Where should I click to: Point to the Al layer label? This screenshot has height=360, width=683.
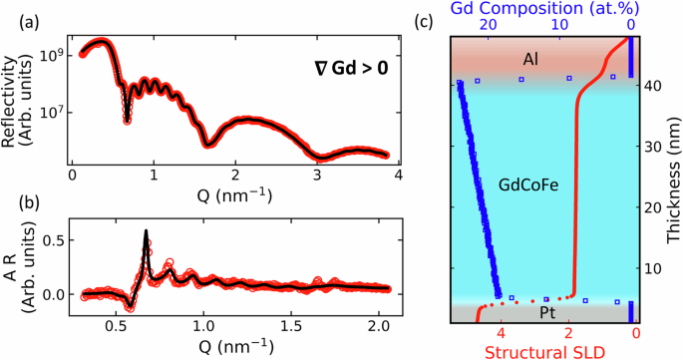[531, 61]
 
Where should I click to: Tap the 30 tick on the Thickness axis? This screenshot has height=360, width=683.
[644, 147]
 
